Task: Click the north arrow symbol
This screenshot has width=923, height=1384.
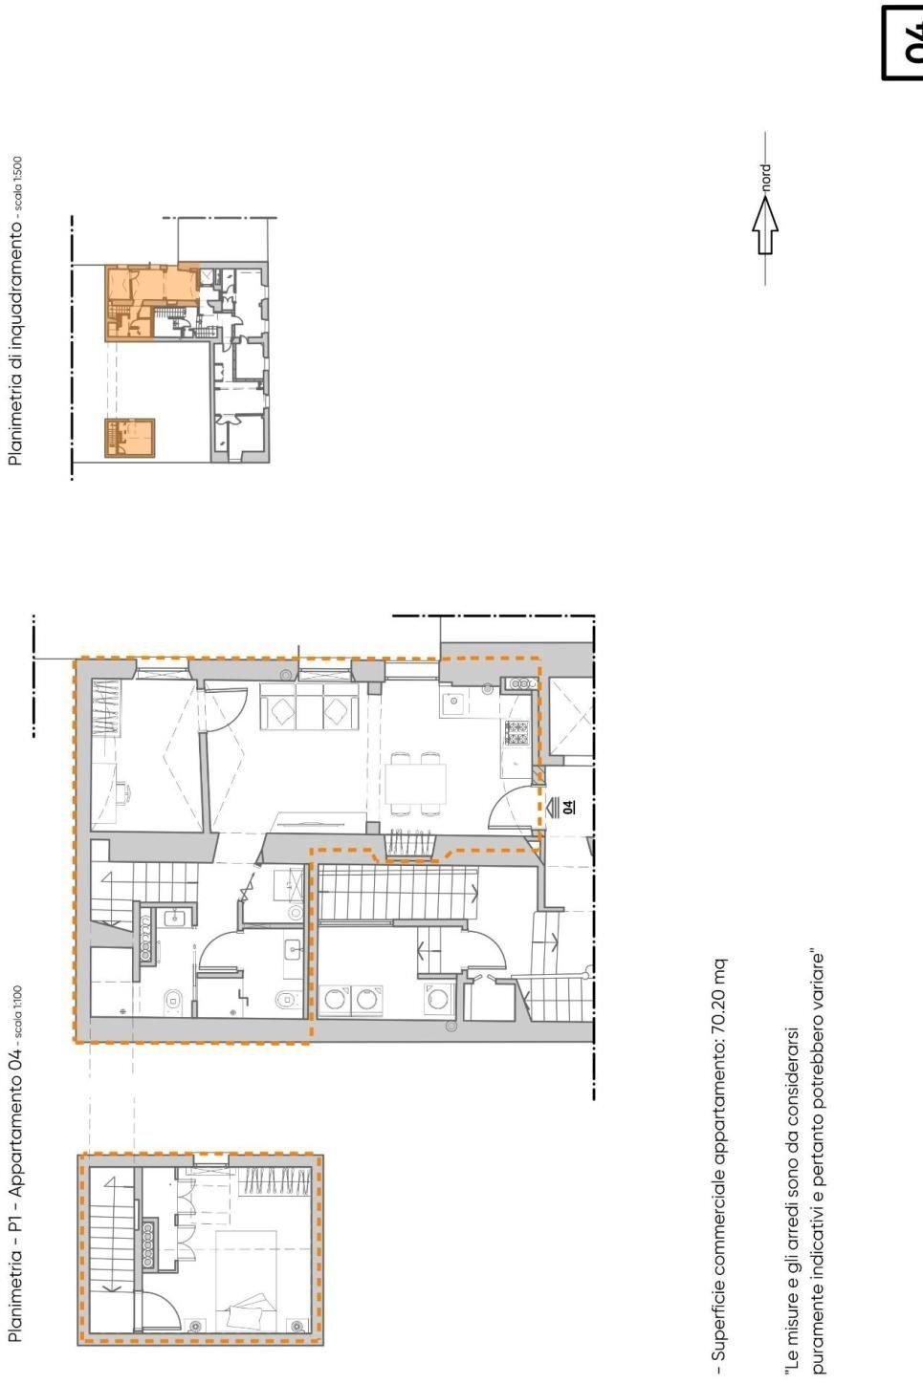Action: (x=765, y=229)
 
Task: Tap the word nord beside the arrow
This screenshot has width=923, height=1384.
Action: (x=765, y=178)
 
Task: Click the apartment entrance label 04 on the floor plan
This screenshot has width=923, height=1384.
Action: (x=570, y=806)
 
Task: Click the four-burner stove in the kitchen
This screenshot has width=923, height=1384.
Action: (x=516, y=733)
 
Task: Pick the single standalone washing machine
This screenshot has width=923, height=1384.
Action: (x=438, y=999)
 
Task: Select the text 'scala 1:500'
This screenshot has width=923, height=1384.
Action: (x=16, y=187)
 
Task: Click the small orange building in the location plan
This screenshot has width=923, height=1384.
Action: (x=129, y=438)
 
